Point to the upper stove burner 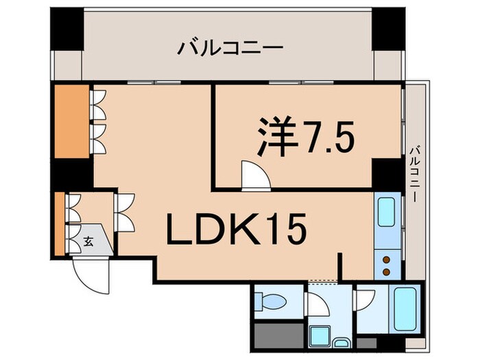pos(385,259)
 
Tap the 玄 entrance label pos(89,241)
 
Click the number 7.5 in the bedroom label pos(326,137)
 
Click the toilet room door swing pos(317,302)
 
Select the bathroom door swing pos(365,299)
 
